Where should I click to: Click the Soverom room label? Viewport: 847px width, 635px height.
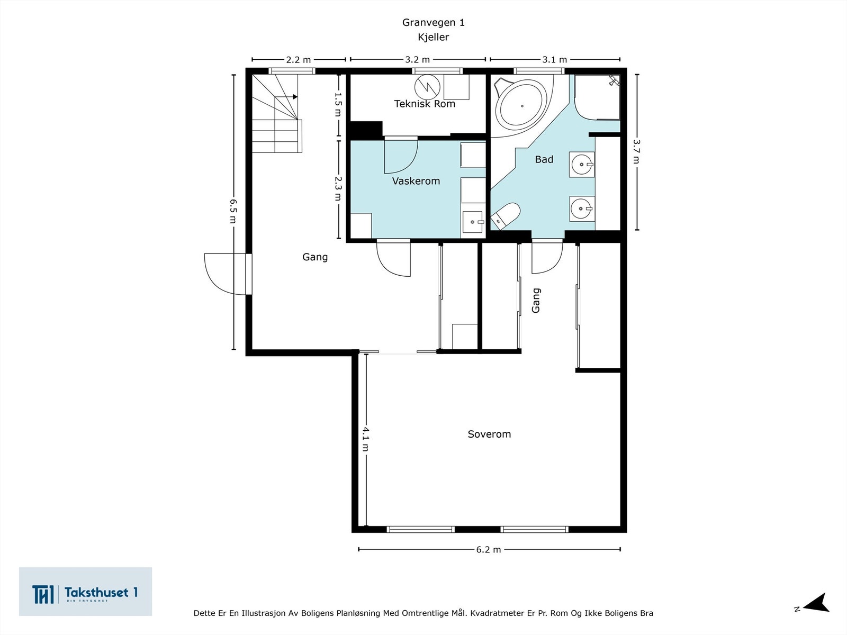tap(489, 434)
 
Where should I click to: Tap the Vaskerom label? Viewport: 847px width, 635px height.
tap(416, 181)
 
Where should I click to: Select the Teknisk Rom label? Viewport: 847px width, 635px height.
tap(425, 104)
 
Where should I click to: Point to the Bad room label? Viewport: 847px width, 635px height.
tap(544, 159)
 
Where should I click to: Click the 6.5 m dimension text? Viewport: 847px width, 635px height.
tap(233, 211)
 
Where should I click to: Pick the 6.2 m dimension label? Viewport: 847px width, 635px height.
tap(489, 549)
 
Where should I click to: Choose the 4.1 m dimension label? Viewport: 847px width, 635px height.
tap(365, 439)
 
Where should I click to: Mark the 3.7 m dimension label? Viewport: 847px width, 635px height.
tap(636, 151)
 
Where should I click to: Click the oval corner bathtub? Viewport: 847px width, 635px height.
tap(521, 106)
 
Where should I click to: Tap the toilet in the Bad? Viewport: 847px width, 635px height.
tap(506, 216)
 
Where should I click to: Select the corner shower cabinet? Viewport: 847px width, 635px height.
tap(597, 97)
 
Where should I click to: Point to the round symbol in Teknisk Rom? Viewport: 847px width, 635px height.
tap(427, 87)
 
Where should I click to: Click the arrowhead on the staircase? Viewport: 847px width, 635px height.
tap(295, 97)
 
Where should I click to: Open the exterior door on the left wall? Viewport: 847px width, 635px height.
tap(228, 274)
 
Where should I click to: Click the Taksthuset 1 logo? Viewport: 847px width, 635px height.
tap(85, 592)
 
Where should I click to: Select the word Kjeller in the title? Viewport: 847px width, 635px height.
tap(434, 38)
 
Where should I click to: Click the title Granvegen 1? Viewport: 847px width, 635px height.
tap(434, 22)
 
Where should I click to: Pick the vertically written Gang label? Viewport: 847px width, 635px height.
tap(536, 301)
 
